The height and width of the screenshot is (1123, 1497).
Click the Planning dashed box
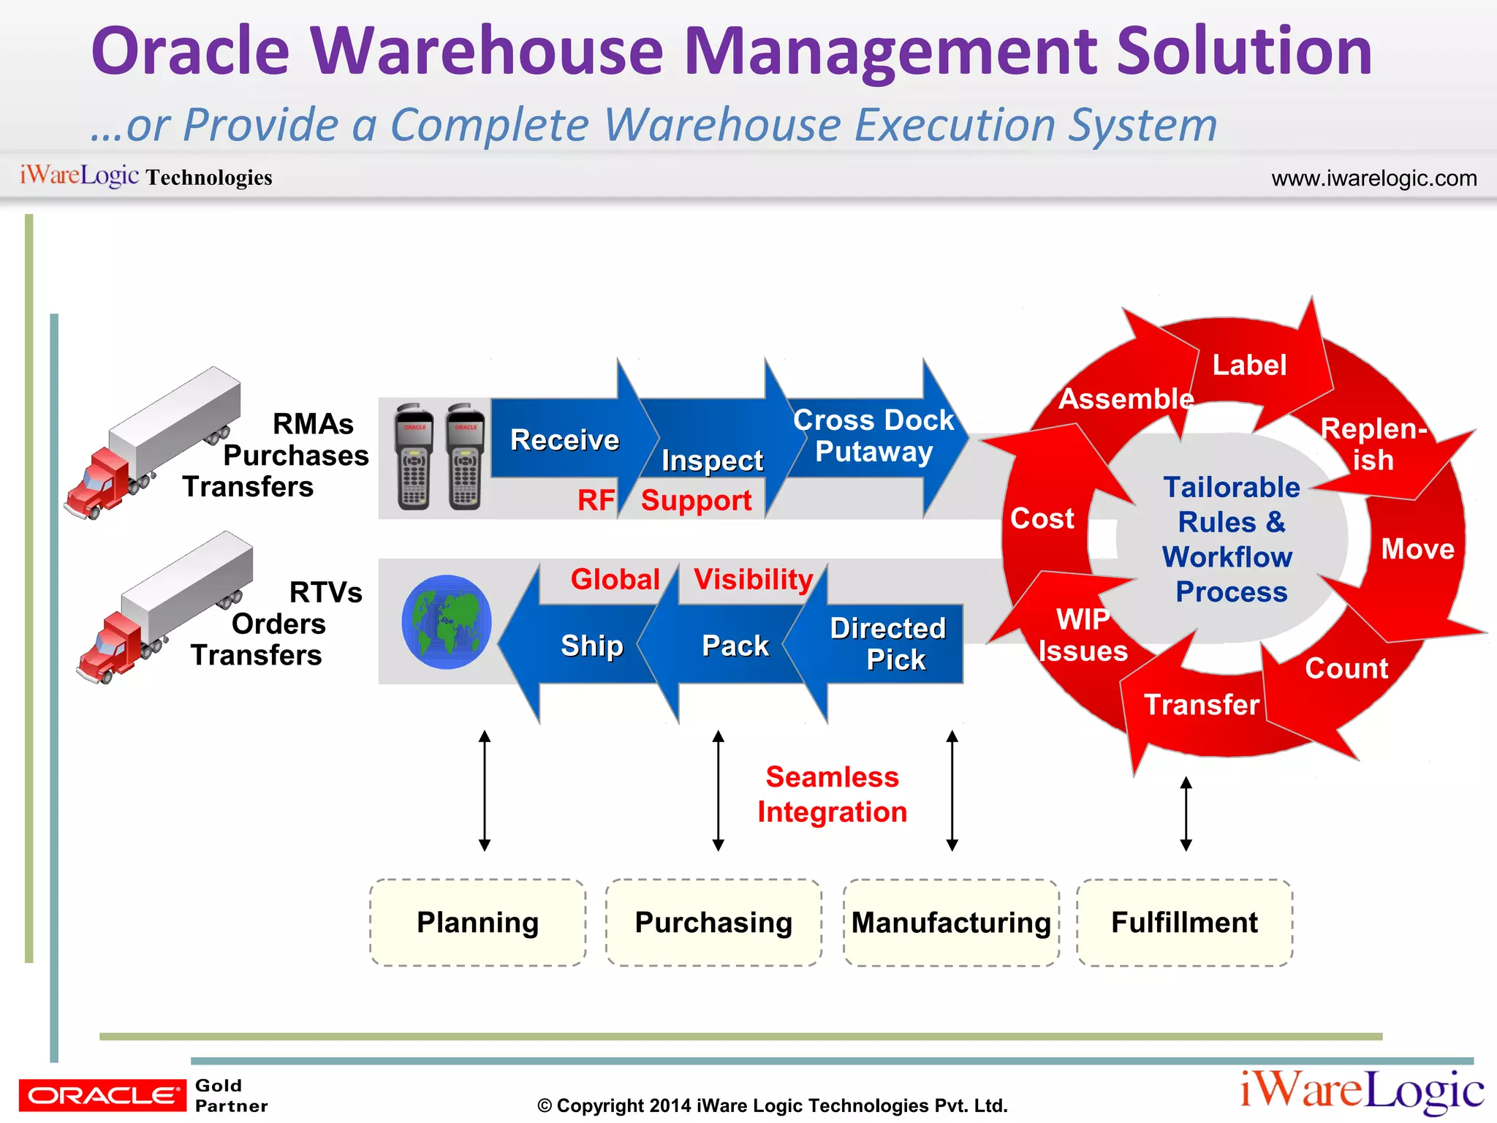click(477, 923)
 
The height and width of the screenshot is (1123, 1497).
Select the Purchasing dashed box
click(713, 923)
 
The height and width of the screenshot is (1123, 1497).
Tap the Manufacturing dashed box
click(951, 923)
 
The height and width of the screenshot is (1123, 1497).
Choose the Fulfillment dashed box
click(1184, 923)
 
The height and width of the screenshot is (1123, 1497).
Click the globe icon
click(446, 622)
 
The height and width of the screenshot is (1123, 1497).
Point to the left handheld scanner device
click(414, 456)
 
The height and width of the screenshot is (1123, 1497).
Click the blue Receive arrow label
click(564, 440)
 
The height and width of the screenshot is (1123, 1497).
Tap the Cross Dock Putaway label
click(873, 436)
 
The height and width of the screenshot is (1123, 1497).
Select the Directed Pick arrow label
click(888, 644)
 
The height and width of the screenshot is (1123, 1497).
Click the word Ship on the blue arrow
click(592, 646)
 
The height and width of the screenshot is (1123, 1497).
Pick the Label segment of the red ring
click(1249, 366)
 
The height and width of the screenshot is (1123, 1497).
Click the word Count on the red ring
click(1346, 668)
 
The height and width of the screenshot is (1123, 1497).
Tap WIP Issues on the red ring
click(1083, 635)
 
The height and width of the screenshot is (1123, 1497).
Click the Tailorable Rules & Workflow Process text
click(1231, 540)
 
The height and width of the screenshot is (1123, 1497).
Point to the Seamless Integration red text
click(832, 794)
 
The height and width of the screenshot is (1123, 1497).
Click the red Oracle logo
click(102, 1095)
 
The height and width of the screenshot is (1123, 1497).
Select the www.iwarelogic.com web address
click(1373, 178)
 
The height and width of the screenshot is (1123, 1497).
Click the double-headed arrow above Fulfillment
click(1186, 814)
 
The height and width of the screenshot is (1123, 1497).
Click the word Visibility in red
click(753, 580)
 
